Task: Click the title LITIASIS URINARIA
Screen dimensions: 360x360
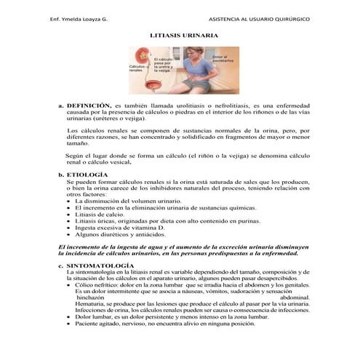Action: [x=180, y=34]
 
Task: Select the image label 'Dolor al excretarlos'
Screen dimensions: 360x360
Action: [x=221, y=60]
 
